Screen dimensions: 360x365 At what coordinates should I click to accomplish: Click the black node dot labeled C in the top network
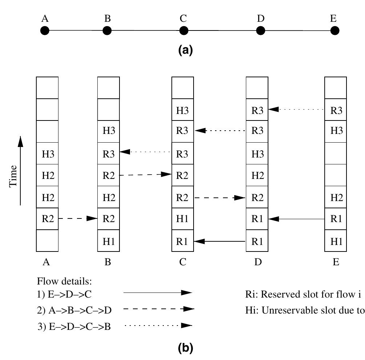(183, 31)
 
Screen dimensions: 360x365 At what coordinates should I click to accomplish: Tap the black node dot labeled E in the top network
(334, 31)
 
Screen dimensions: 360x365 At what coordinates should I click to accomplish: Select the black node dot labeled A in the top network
(45, 31)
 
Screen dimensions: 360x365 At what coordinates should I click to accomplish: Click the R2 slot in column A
(47, 219)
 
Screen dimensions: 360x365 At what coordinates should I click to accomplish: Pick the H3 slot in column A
(47, 154)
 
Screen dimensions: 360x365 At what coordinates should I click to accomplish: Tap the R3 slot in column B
(109, 154)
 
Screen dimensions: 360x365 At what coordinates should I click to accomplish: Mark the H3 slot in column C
(182, 110)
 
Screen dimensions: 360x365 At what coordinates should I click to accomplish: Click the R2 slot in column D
(257, 197)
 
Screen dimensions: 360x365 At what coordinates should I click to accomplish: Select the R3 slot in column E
(336, 110)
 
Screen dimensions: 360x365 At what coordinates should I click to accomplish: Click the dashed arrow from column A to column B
(78, 218)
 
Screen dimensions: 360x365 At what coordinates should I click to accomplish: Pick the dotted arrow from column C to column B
(145, 152)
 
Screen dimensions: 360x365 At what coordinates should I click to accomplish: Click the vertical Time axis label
(13, 176)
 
